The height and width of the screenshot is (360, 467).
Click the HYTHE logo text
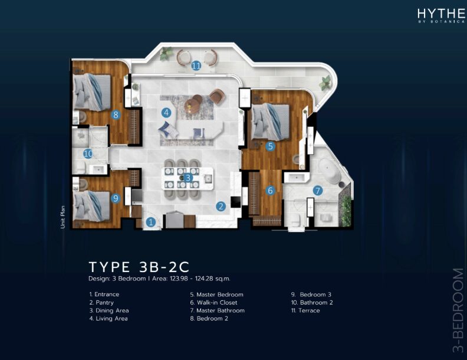[441, 14]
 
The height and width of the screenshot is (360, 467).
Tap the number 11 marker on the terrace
[196, 66]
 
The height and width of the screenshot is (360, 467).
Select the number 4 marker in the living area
[166, 113]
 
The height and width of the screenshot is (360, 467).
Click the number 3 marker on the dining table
[188, 178]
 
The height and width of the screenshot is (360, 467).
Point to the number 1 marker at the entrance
[151, 222]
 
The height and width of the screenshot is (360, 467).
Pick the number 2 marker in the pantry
[221, 206]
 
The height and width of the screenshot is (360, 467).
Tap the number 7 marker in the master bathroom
[318, 191]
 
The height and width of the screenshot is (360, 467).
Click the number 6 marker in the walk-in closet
[270, 190]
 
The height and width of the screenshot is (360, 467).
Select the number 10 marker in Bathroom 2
[88, 154]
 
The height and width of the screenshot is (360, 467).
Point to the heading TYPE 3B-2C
[139, 267]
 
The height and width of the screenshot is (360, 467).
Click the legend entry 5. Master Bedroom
[217, 294]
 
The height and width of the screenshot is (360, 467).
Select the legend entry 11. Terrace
[305, 310]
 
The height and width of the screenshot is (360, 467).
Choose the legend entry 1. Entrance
[104, 294]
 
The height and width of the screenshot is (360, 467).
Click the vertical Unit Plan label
[63, 217]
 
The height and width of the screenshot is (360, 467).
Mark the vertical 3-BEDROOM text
[458, 310]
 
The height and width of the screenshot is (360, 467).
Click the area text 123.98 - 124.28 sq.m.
[200, 279]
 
